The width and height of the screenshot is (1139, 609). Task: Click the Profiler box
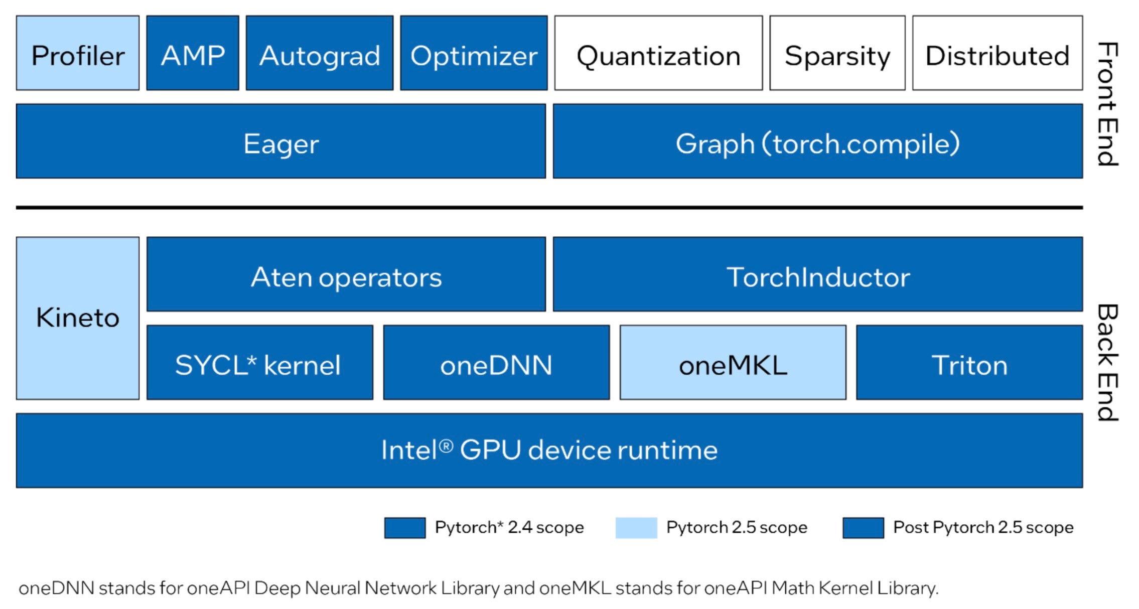78,53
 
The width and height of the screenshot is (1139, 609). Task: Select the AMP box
193,53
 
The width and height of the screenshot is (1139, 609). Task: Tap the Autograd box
320,53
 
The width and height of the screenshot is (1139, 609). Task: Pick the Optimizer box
474,53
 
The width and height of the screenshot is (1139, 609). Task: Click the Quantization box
658,53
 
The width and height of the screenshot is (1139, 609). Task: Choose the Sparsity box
837,53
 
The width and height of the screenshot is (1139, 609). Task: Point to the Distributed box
997,53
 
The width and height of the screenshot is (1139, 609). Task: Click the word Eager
281,144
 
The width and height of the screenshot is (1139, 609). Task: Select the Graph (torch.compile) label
817,144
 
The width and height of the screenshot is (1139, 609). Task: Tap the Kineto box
78,318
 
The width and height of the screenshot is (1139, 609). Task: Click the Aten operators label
346,277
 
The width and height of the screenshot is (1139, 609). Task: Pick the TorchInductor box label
818,277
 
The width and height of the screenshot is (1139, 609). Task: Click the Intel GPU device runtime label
549,450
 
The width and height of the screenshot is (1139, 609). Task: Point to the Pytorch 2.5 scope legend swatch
636,528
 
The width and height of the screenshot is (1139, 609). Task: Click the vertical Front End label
1108,103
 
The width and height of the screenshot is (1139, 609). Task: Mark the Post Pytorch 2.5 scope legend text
983,528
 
